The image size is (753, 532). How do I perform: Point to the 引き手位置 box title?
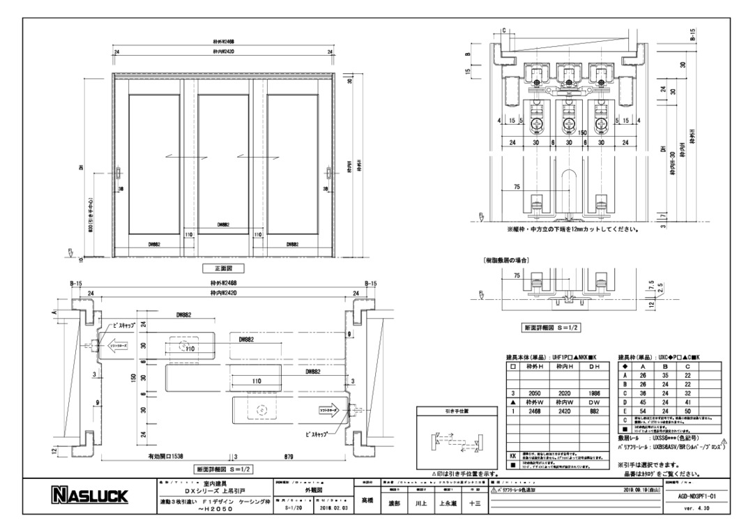(x=457, y=411)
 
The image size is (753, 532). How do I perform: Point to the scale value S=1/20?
(x=296, y=509)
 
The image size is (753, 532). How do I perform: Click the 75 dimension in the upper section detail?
(x=517, y=186)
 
